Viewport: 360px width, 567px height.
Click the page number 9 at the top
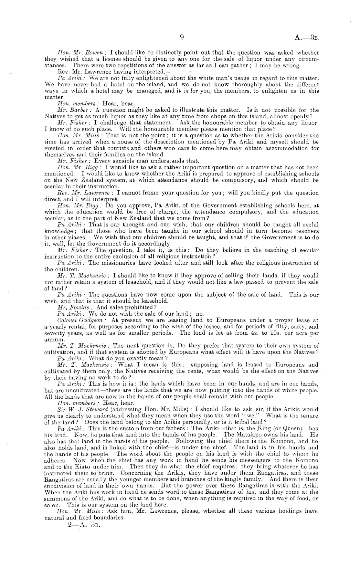coord(182,37)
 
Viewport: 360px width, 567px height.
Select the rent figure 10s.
coord(278,333)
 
